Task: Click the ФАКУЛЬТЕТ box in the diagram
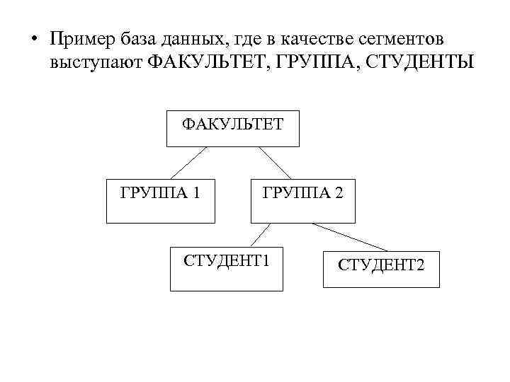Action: (x=232, y=128)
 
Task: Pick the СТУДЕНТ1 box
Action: (x=227, y=268)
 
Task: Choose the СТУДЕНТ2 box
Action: (x=380, y=270)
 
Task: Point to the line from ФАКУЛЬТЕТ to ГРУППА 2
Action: (x=275, y=162)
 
